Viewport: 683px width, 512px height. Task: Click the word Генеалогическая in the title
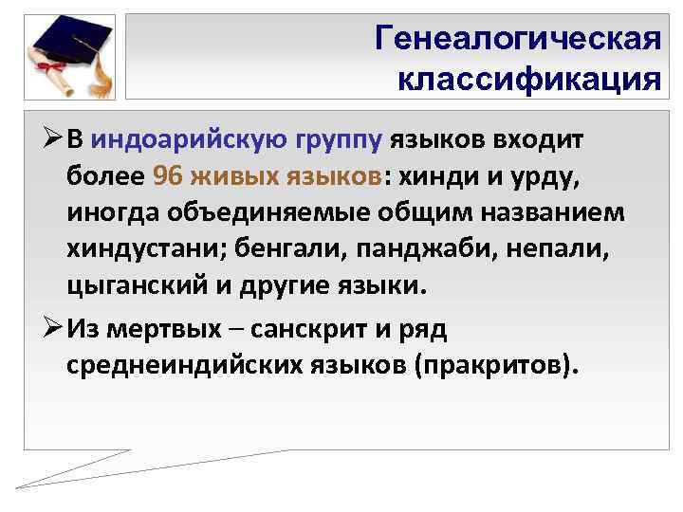point(517,39)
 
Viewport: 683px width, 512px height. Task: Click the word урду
point(540,175)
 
